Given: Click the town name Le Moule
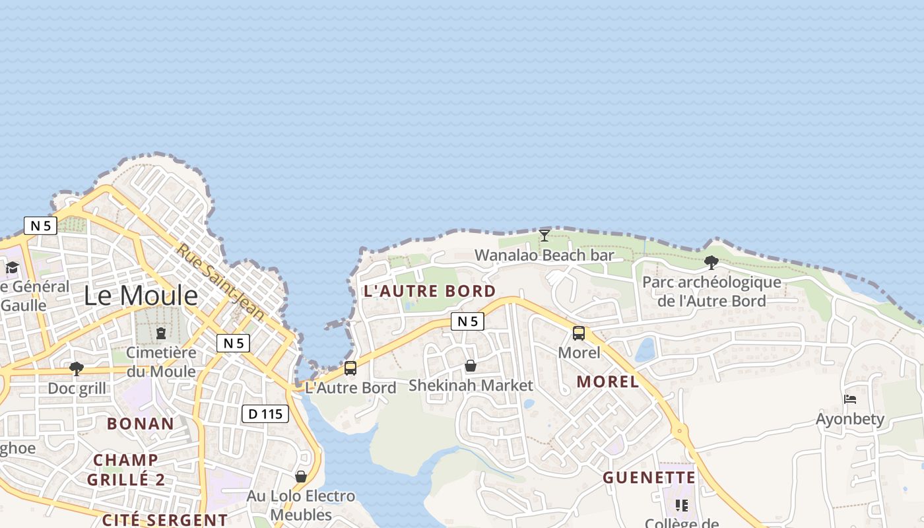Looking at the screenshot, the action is (x=141, y=296).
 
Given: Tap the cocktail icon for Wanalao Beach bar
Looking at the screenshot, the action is (x=544, y=236).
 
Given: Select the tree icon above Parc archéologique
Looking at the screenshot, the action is (x=711, y=263).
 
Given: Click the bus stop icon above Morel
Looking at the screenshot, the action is (x=579, y=333).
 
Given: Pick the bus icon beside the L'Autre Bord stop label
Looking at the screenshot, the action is (x=350, y=368).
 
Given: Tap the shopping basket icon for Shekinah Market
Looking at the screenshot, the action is (x=471, y=366).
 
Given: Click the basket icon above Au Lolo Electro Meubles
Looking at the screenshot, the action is (x=301, y=477).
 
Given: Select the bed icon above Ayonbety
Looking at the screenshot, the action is (x=850, y=399).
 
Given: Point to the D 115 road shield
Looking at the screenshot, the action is (x=265, y=414).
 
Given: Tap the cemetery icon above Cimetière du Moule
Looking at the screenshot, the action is (x=161, y=333).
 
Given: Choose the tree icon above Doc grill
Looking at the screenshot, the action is (x=77, y=368).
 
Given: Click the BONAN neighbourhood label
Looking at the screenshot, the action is (x=141, y=424).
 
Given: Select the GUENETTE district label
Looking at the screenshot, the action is (x=649, y=478).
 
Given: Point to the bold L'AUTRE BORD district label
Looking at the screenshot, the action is (x=430, y=291).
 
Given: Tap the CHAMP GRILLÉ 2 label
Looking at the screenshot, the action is (x=125, y=470).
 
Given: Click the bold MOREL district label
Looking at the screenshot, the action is (x=607, y=381).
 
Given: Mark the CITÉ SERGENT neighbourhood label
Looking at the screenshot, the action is (x=165, y=520).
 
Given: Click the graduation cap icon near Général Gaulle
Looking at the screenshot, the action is (x=12, y=267).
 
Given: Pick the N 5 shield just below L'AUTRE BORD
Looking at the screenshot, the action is (x=467, y=321).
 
